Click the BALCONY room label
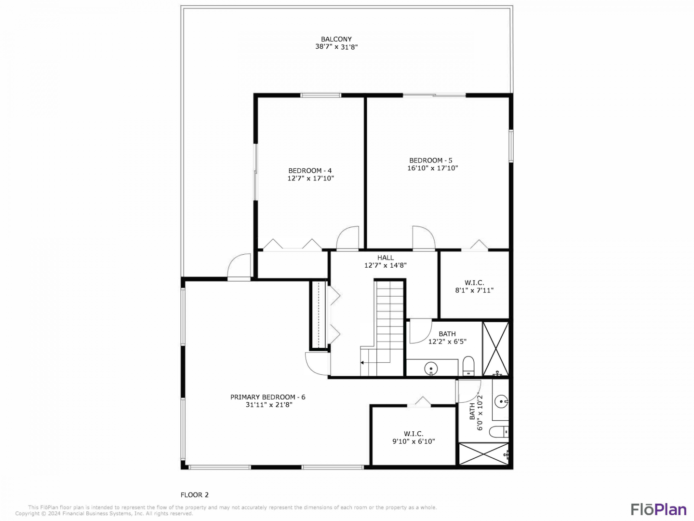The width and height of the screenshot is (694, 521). pyautogui.click(x=336, y=39)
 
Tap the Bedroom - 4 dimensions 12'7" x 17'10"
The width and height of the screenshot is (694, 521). pyautogui.click(x=310, y=178)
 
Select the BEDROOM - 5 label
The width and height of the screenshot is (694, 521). pyautogui.click(x=431, y=160)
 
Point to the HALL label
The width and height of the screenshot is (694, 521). pyautogui.click(x=386, y=258)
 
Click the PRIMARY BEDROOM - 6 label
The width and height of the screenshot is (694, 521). pyautogui.click(x=268, y=397)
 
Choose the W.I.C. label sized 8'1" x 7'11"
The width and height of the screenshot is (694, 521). pyautogui.click(x=474, y=287)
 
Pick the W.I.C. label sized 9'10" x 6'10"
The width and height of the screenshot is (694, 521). pyautogui.click(x=414, y=438)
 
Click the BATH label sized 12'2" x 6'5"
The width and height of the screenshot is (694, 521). pyautogui.click(x=447, y=338)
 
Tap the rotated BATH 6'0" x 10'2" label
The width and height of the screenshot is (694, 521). pyautogui.click(x=476, y=412)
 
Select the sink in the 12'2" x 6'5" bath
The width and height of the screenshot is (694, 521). pyautogui.click(x=431, y=369)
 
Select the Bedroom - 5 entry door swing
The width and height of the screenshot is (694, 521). pyautogui.click(x=424, y=238)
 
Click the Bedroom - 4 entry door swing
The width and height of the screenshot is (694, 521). pyautogui.click(x=347, y=238)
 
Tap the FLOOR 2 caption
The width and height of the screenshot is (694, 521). pyautogui.click(x=194, y=495)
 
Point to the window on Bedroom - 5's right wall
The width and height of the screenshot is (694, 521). pyautogui.click(x=510, y=146)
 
